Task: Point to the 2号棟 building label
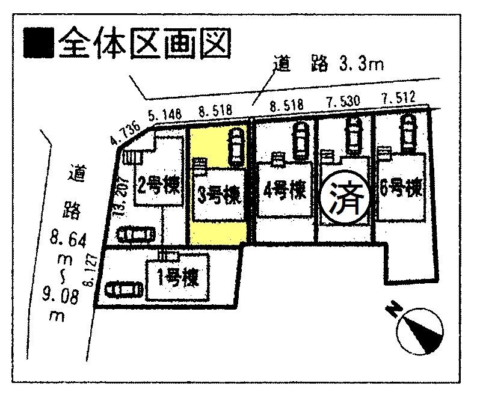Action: pos(158,184)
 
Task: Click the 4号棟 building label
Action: pos(285,191)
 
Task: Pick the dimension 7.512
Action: pos(398,98)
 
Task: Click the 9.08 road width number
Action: pos(63,295)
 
